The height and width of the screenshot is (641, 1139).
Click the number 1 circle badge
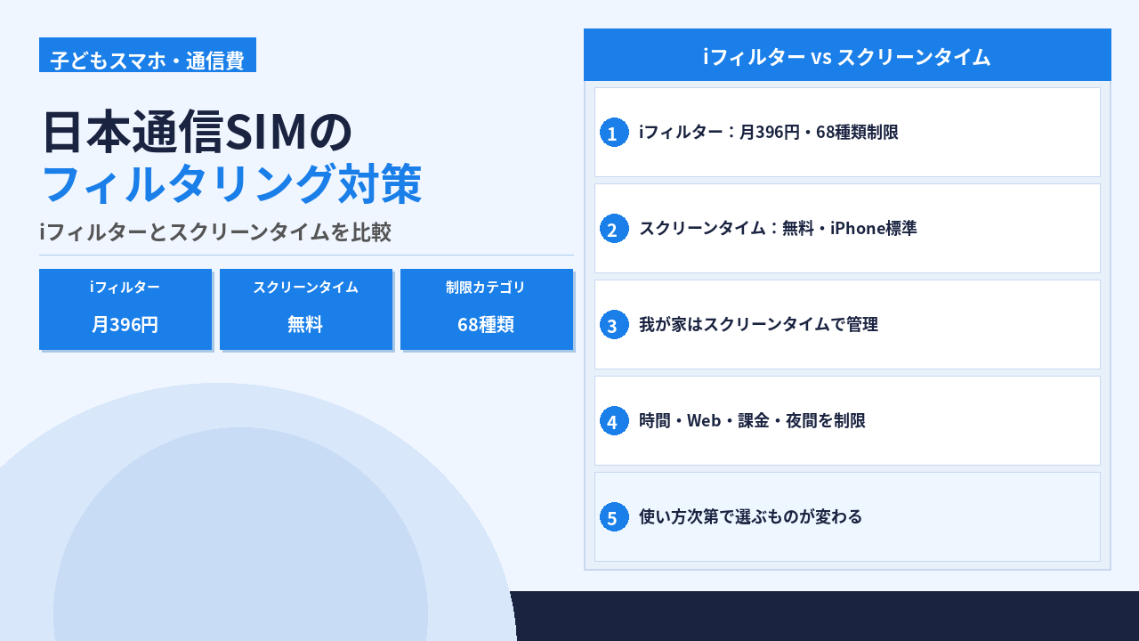[614, 133]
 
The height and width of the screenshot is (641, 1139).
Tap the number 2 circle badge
[614, 229]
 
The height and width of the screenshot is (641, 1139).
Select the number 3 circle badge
[614, 325]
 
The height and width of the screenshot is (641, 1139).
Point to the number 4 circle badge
[614, 421]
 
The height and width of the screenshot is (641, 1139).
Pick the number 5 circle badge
[614, 517]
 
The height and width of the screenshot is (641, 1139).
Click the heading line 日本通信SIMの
[198, 132]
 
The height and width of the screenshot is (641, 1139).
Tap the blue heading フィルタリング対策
[231, 183]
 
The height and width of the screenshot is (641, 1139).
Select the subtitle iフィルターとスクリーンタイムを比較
[215, 232]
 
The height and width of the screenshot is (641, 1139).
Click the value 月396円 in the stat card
[125, 325]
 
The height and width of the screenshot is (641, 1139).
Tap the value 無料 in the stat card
[305, 325]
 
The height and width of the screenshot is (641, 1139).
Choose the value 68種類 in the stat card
[486, 325]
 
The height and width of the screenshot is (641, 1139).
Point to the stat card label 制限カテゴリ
[486, 288]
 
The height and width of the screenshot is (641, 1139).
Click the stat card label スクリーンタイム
[305, 288]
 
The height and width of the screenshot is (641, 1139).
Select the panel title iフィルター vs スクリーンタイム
[847, 57]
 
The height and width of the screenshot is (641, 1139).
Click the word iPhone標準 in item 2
[874, 229]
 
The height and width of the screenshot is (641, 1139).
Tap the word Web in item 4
[704, 421]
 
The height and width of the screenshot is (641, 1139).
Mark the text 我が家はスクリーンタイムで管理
[759, 325]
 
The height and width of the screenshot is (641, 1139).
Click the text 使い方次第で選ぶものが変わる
[750, 517]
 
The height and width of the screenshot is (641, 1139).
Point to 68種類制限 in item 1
[857, 133]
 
